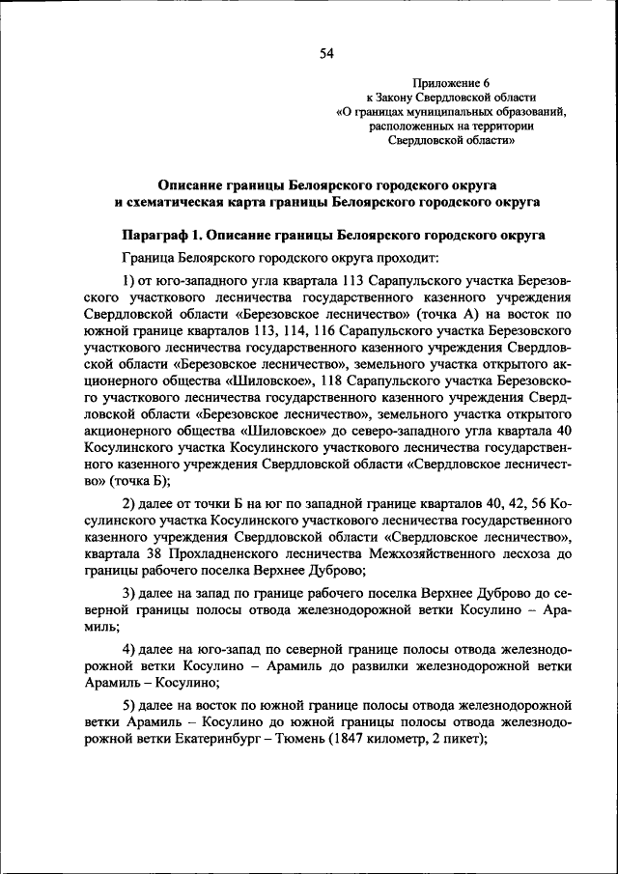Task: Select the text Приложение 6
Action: point(451,84)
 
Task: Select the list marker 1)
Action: point(128,280)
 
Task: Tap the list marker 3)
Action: point(128,592)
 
